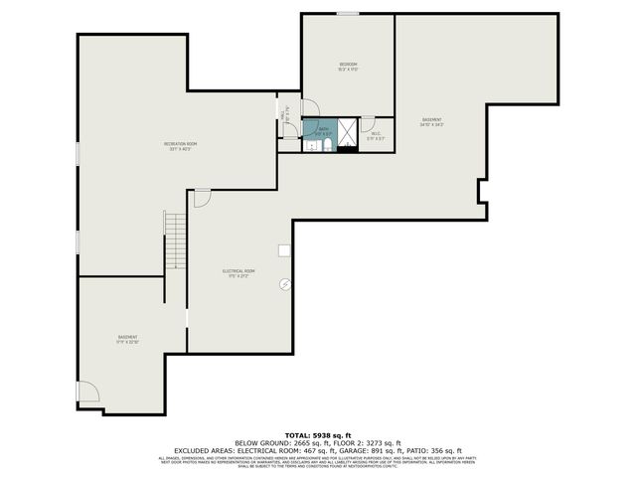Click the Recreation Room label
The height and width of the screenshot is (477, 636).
181,146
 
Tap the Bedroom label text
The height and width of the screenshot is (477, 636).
348,67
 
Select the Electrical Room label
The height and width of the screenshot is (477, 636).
238,273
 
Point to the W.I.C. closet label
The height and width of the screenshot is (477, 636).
376,135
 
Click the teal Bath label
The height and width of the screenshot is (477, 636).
324,130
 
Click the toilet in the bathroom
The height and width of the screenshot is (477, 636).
325,146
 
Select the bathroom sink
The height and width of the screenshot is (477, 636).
309,145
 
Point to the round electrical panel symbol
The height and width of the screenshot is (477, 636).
285,284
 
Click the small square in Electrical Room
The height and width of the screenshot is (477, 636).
284,251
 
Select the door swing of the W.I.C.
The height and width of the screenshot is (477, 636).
367,124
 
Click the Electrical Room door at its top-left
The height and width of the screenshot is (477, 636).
202,198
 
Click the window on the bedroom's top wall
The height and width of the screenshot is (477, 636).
347,14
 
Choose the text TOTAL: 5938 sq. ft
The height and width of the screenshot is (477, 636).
318,435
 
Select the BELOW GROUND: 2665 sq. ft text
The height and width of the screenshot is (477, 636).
276,442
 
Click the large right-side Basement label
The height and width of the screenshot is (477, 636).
431,122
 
